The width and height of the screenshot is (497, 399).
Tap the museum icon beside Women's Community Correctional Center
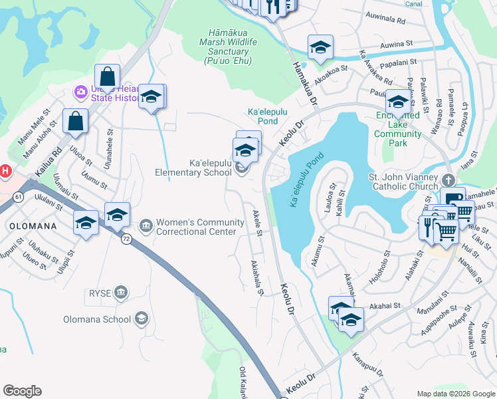pos(146,227)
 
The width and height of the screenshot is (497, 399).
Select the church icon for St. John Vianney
pos(448,180)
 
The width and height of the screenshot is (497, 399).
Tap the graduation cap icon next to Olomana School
pos(141,319)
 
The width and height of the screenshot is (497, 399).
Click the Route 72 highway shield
pos(125,239)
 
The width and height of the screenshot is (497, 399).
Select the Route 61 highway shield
pos(17,198)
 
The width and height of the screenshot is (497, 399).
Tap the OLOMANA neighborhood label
pos(33,225)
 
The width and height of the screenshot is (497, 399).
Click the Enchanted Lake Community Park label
pos(397,124)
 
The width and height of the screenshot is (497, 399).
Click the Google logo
pos(22,391)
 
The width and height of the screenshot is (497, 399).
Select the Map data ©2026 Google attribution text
pos(455,394)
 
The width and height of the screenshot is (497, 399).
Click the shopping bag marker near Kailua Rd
pos(75,121)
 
